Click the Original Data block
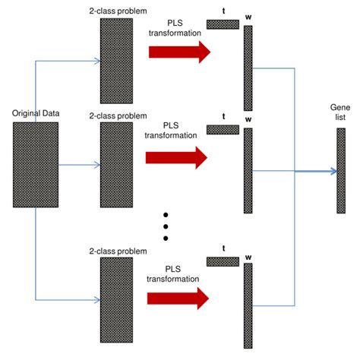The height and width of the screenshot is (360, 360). click(35, 164)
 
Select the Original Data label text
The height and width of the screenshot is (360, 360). click(36, 114)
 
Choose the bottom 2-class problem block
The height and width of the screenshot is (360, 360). click(116, 299)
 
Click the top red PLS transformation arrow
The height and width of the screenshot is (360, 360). click(178, 52)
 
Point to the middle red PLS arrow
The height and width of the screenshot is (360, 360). click(178, 157)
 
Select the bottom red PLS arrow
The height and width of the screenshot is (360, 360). click(178, 297)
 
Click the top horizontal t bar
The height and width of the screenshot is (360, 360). click(223, 24)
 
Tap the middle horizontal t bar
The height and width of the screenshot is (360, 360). click(223, 130)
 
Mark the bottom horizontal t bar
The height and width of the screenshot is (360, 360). click(223, 261)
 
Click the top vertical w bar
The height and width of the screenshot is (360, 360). click(248, 68)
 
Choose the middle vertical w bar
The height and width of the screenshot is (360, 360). click(248, 170)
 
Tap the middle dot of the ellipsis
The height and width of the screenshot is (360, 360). click(166, 226)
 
